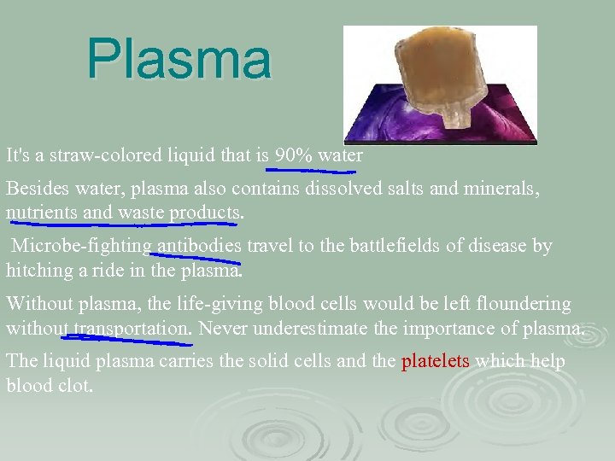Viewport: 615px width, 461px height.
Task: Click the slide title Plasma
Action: click(179, 60)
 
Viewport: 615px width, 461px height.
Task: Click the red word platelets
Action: click(436, 361)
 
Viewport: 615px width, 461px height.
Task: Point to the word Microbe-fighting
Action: click(81, 247)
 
